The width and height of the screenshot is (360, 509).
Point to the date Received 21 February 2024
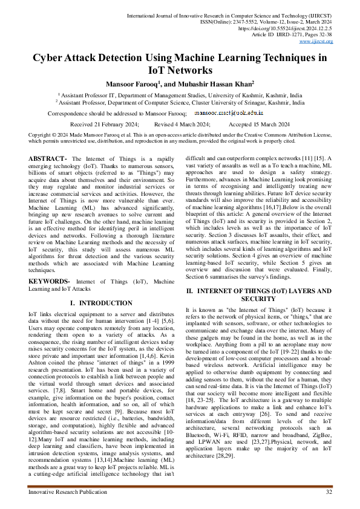[105, 123]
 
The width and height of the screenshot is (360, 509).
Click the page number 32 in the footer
[329, 493]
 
